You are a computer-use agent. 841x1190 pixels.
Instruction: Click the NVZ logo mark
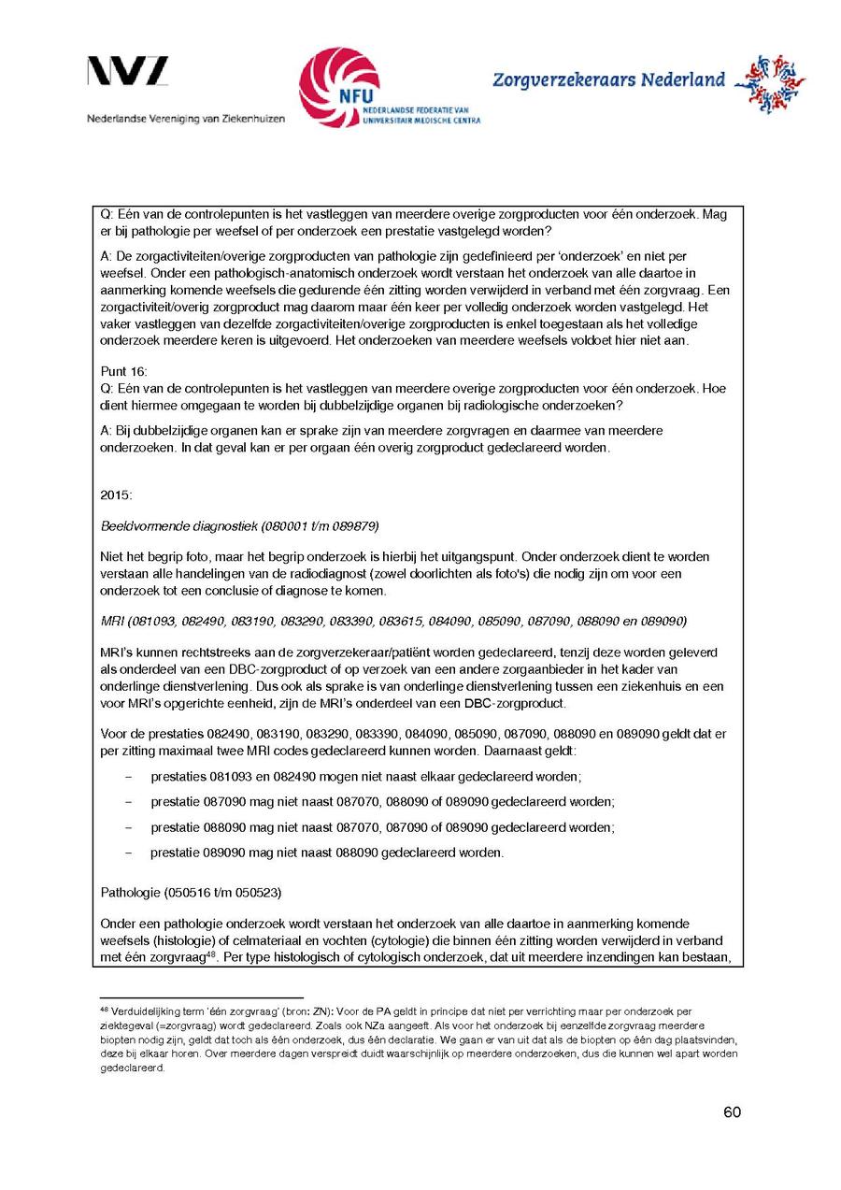pyautogui.click(x=128, y=73)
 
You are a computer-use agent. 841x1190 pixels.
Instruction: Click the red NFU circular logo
pyautogui.click(x=338, y=87)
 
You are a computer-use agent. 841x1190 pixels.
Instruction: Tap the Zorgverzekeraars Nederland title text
pyautogui.click(x=608, y=80)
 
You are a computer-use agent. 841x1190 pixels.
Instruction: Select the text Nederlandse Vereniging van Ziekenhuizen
pyautogui.click(x=186, y=119)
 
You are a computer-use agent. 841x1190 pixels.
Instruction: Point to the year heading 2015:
pyautogui.click(x=117, y=493)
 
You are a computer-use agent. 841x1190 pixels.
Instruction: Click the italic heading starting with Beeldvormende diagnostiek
pyautogui.click(x=239, y=524)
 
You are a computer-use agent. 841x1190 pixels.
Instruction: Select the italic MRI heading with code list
pyautogui.click(x=393, y=621)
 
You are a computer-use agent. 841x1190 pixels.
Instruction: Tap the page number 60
pyautogui.click(x=732, y=1111)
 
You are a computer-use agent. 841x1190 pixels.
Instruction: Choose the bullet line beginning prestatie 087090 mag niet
pyautogui.click(x=382, y=802)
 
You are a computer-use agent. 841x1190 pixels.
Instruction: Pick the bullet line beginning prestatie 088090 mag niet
pyautogui.click(x=382, y=827)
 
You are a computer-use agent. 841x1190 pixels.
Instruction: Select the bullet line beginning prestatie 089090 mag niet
pyautogui.click(x=326, y=853)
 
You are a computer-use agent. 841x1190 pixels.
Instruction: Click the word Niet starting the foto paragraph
pyautogui.click(x=110, y=557)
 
